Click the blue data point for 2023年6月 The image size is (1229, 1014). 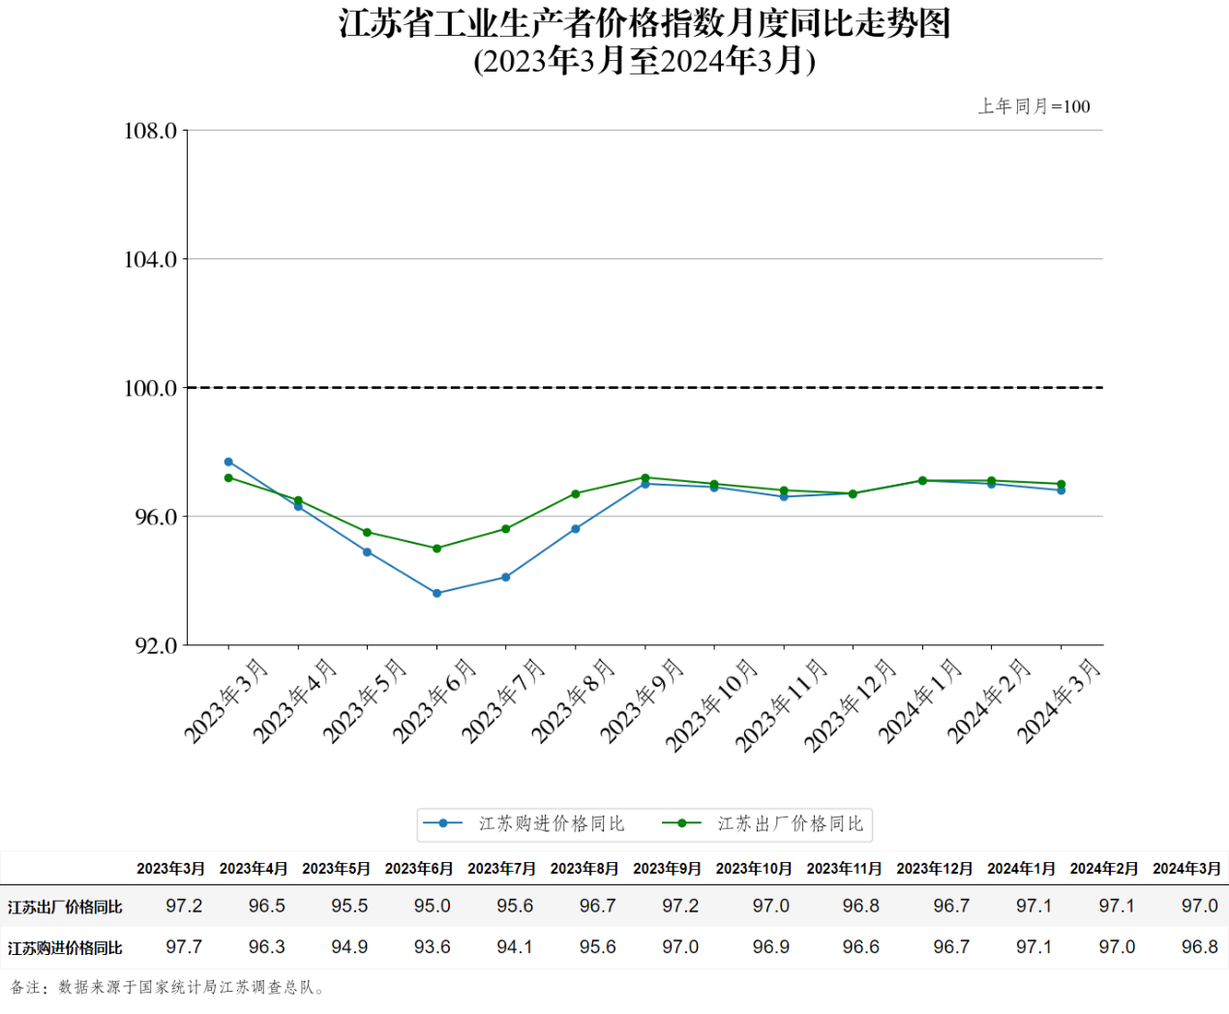[x=436, y=593]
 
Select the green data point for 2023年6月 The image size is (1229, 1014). [x=436, y=549]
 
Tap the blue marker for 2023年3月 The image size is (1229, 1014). [x=228, y=462]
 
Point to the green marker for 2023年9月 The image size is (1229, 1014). [x=644, y=478]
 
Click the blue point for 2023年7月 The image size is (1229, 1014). [x=506, y=578]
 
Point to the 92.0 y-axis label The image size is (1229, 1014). [x=156, y=645]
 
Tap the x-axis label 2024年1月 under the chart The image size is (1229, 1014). [x=920, y=701]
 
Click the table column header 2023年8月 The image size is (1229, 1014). [x=585, y=869]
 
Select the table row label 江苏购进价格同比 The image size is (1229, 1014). [x=65, y=948]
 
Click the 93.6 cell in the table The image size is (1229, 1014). [x=432, y=947]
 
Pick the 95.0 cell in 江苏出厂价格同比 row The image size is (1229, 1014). [x=432, y=907]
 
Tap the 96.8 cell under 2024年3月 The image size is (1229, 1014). [x=1199, y=947]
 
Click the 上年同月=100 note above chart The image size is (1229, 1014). [x=1034, y=106]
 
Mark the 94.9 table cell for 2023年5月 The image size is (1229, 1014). [x=349, y=947]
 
